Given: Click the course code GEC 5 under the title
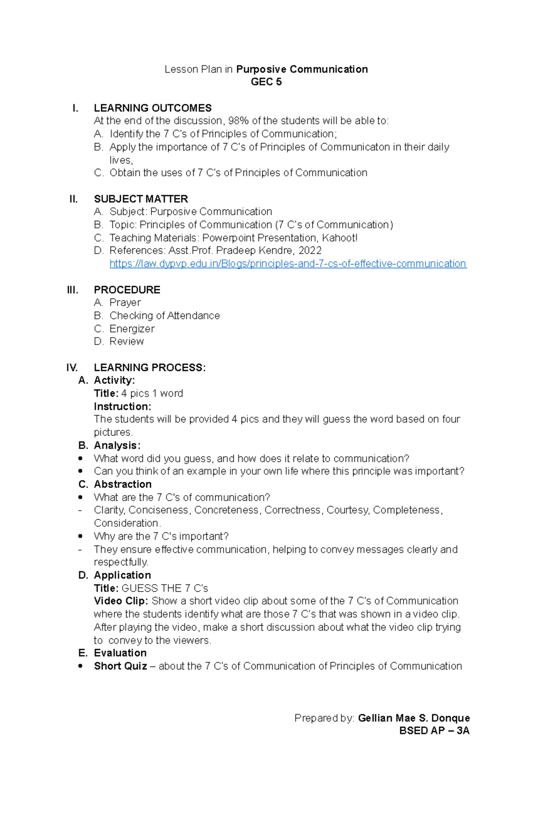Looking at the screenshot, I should pos(266,82).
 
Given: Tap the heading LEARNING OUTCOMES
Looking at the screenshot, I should pos(152,108).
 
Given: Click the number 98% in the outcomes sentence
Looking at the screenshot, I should pos(238,121).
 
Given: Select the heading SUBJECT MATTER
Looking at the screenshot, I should pos(141,199).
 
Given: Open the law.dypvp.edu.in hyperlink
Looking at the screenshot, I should pos(287,264).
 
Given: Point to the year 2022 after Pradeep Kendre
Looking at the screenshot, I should pos(310,250).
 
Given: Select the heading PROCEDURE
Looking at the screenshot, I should pos(127,290).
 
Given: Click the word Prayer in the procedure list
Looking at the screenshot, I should pos(125,302).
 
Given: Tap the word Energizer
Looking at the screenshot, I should pos(132,329).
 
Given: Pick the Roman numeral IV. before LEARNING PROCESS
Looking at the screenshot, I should pos(72,367).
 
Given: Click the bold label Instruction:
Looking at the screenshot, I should pos(122,406).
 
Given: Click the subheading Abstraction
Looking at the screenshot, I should pos(123,484).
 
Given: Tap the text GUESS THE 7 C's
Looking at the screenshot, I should pos(164,588).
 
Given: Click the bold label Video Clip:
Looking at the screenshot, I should pos(120,601).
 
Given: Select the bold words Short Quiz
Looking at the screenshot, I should pos(120,666).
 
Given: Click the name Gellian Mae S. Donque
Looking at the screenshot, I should pos(414,718).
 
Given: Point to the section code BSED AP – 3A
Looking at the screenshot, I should pos(434,731).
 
